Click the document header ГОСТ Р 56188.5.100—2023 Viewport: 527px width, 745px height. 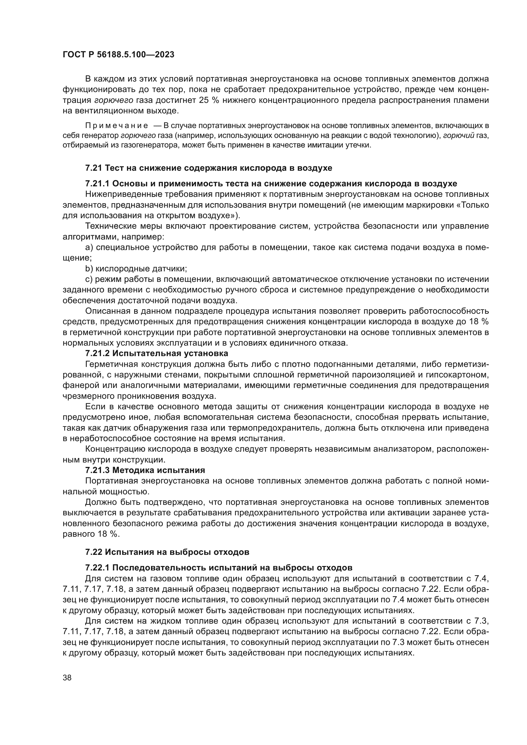pyautogui.click(x=119, y=54)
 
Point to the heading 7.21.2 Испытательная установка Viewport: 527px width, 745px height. pyautogui.click(x=156, y=353)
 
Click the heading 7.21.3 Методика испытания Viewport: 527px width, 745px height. pyautogui.click(x=145, y=470)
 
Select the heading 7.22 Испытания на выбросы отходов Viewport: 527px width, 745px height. pyautogui.click(x=167, y=552)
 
